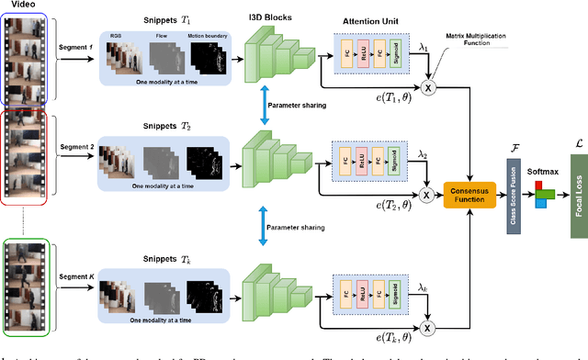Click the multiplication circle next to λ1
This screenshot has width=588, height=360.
[426, 87]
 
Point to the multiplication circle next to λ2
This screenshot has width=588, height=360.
[426, 196]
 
